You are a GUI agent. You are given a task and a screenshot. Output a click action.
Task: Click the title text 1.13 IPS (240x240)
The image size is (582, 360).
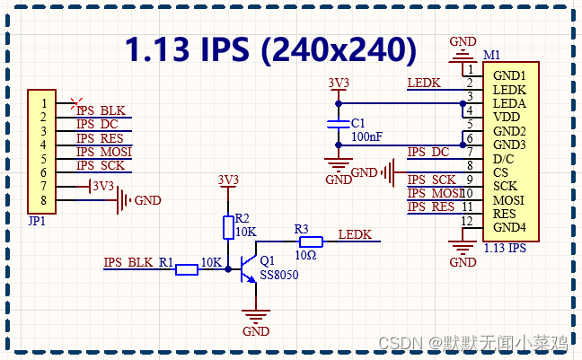[269, 49]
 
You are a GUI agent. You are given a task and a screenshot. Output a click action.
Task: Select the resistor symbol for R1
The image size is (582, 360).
[187, 269]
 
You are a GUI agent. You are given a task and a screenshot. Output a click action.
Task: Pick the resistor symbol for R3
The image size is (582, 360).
[310, 241]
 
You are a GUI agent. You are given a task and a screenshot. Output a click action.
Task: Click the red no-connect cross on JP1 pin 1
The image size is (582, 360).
[77, 103]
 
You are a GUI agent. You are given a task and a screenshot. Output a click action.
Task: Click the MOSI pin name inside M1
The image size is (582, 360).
[509, 200]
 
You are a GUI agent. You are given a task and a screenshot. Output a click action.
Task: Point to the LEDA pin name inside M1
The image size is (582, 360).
[509, 103]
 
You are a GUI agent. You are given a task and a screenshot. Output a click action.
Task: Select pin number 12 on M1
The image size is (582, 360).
[466, 221]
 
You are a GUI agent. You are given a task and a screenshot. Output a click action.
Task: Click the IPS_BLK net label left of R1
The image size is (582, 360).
[128, 263]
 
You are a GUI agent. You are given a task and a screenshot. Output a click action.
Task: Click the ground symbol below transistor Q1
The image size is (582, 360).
[257, 317]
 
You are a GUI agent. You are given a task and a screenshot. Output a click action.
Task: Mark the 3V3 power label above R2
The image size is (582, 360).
[228, 180]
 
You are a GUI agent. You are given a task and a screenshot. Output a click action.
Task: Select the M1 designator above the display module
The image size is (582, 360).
[492, 55]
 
